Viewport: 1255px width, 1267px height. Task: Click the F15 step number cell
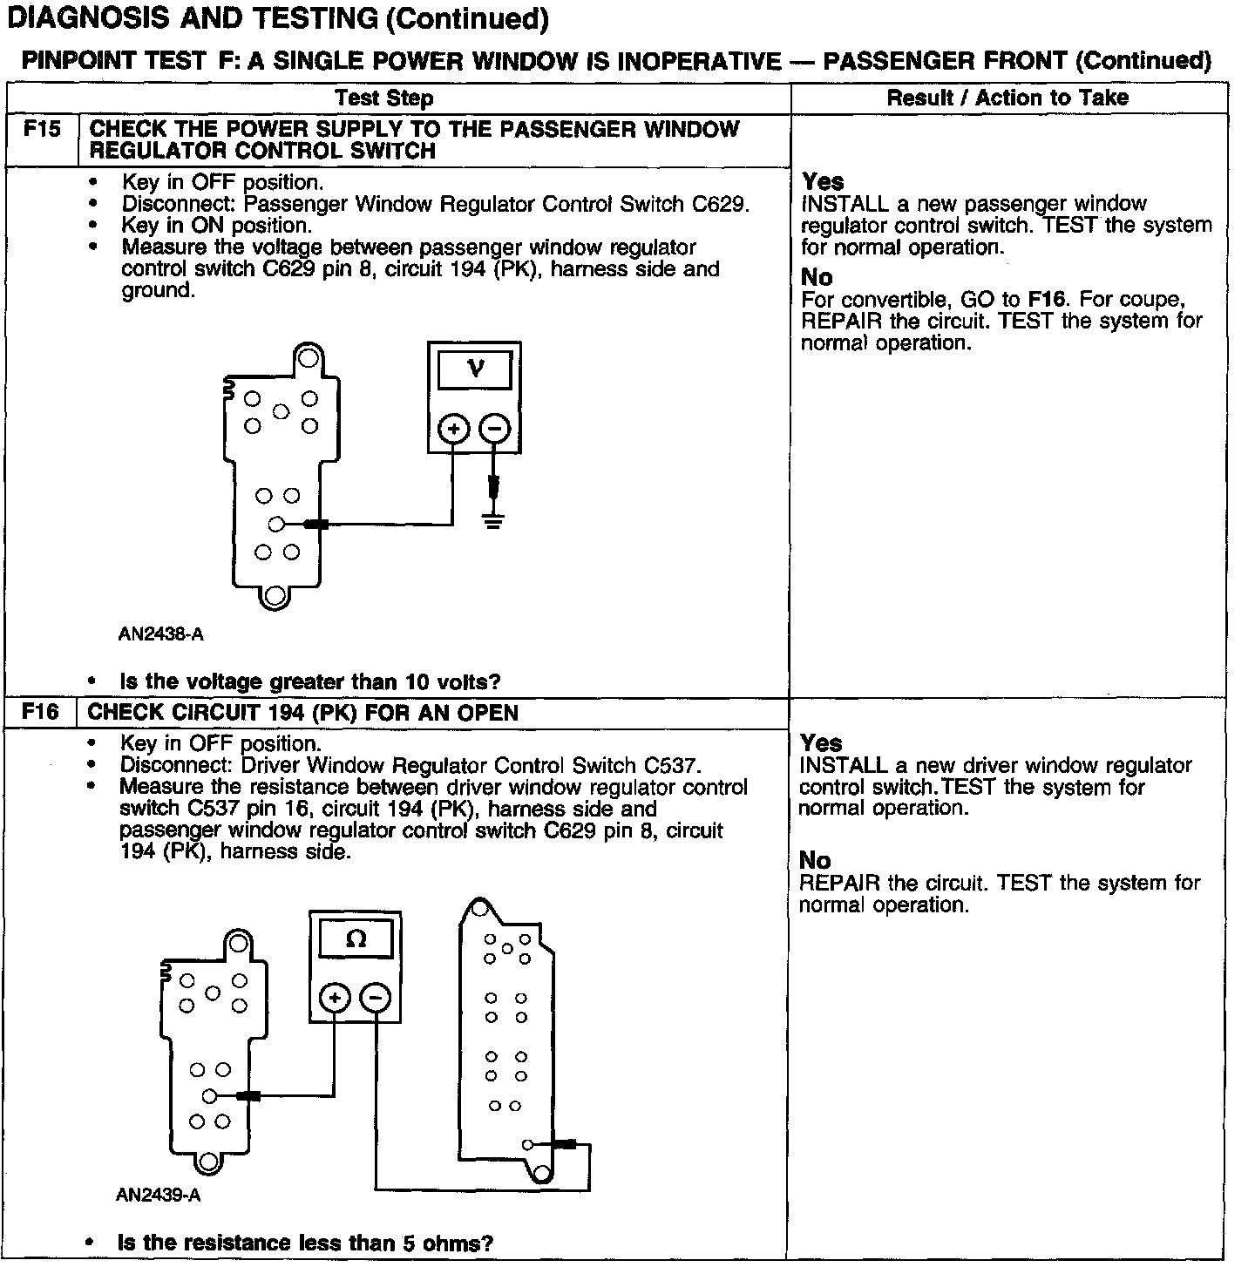click(x=42, y=130)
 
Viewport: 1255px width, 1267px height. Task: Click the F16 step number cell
click(x=40, y=712)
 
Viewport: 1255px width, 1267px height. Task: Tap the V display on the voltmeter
click(x=475, y=369)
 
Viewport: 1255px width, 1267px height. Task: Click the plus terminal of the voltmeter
click(x=453, y=429)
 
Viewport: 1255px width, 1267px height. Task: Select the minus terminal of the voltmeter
click(x=495, y=429)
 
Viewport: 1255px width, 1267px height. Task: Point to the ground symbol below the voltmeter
click(x=493, y=522)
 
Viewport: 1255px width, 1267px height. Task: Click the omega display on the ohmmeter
click(x=356, y=938)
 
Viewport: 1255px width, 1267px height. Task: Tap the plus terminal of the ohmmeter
click(x=335, y=998)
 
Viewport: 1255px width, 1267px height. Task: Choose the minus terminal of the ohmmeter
click(x=376, y=998)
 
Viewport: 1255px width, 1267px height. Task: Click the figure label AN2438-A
click(x=161, y=634)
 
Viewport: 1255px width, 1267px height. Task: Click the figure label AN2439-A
click(x=159, y=1195)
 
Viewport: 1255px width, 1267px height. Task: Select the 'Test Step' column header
click(x=384, y=98)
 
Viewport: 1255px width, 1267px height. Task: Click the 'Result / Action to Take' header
click(x=1007, y=98)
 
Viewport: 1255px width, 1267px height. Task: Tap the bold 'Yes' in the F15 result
click(x=823, y=181)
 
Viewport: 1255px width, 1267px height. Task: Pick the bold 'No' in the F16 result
click(x=815, y=860)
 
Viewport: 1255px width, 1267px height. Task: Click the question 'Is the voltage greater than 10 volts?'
click(x=309, y=681)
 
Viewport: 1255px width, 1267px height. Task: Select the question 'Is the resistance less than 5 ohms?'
click(x=305, y=1243)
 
